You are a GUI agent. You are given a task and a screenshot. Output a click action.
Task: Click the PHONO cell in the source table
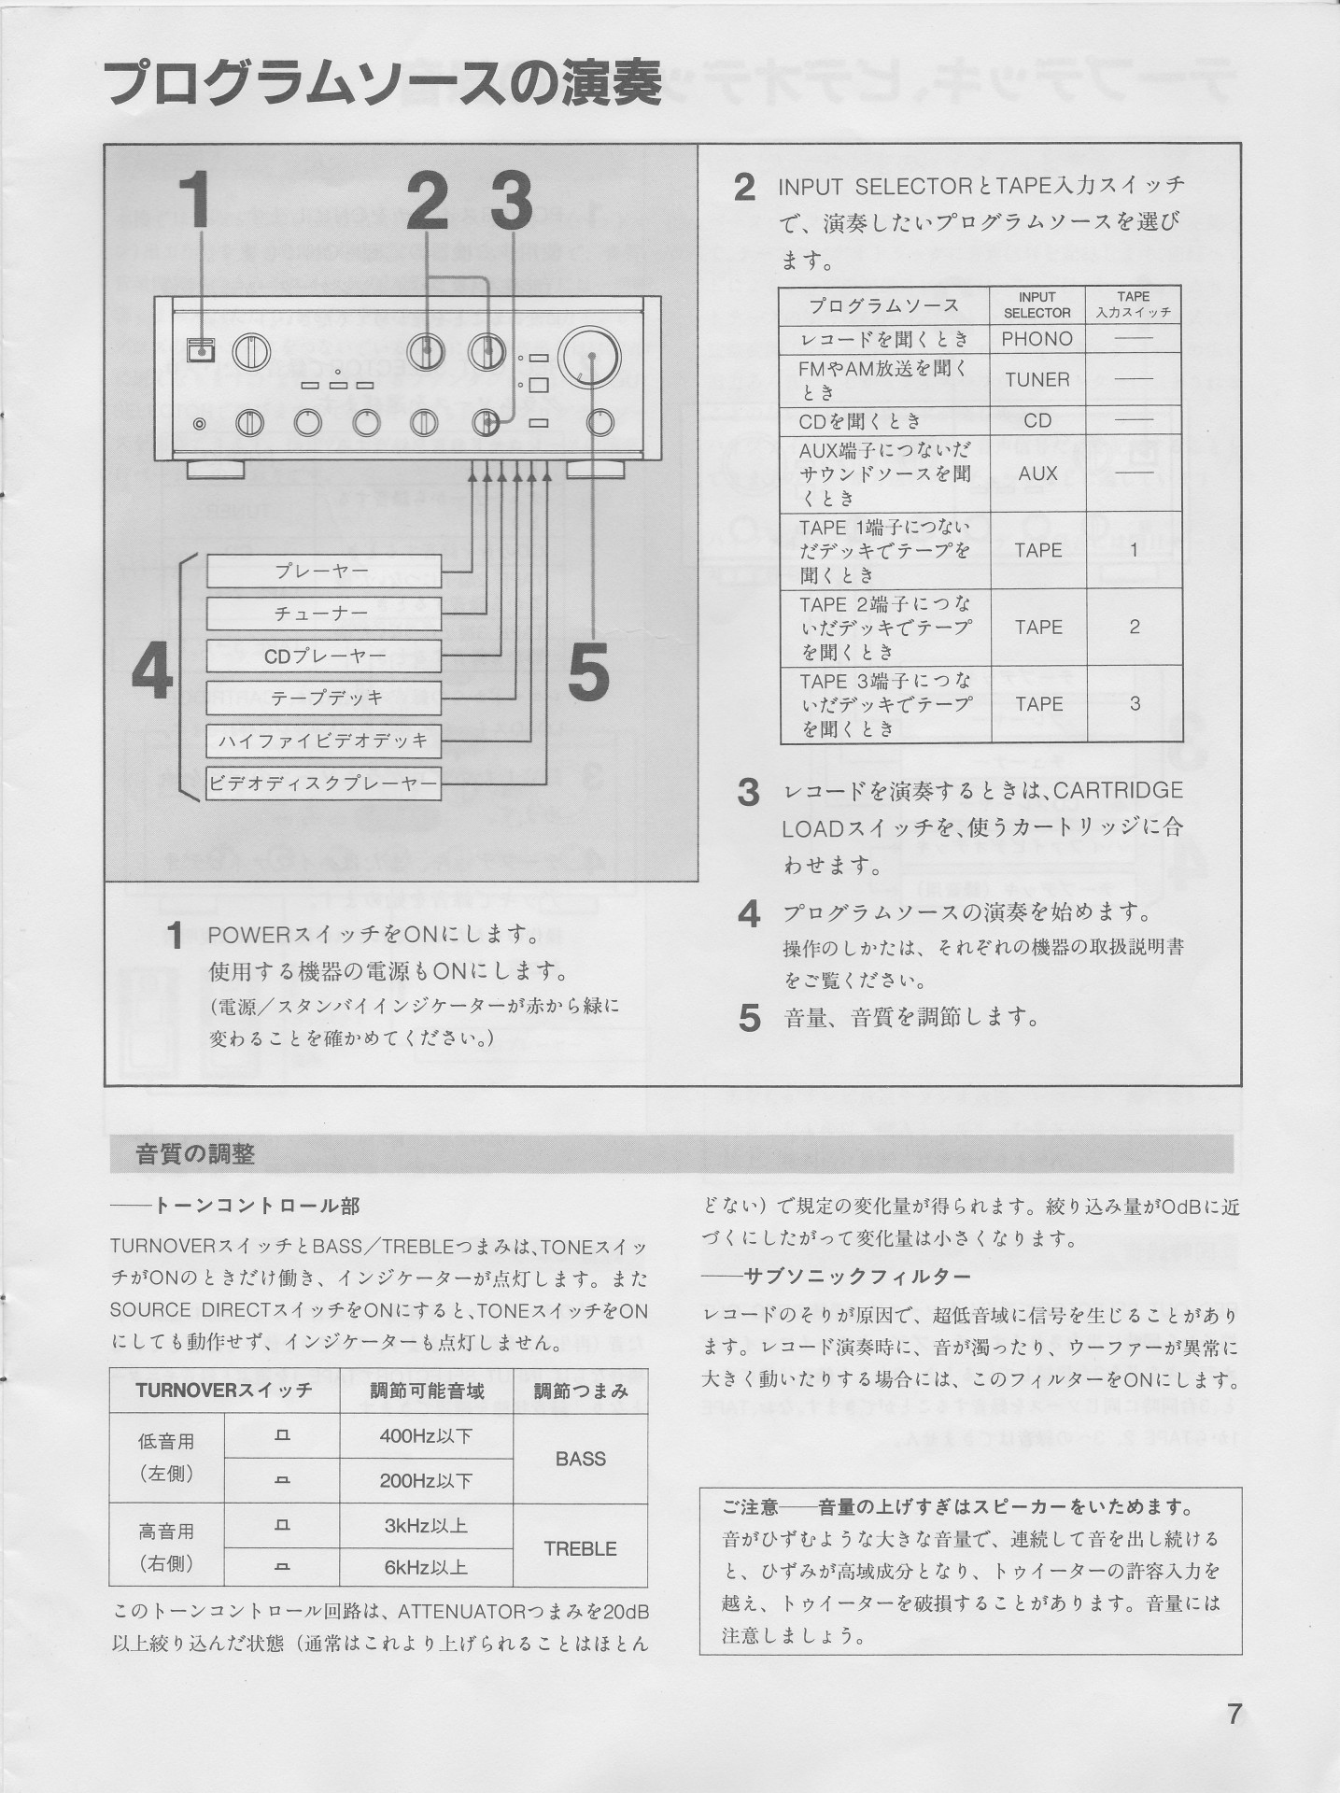(1037, 339)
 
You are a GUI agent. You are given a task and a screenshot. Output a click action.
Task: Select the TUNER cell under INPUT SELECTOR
(1037, 380)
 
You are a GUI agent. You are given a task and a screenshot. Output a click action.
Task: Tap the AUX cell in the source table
(1037, 473)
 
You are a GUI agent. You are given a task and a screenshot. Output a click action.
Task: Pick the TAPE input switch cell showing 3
(1134, 704)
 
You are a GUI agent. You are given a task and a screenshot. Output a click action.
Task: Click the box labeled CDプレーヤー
(323, 656)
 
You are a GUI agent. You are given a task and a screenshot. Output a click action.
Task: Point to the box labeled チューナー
(323, 614)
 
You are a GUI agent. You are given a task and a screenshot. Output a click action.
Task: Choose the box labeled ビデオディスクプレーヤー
(323, 784)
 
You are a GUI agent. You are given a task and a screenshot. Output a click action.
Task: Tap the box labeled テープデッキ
(323, 699)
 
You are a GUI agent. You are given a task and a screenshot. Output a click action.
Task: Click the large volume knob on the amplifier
(590, 357)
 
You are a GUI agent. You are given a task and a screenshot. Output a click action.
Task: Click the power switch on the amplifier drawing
(199, 351)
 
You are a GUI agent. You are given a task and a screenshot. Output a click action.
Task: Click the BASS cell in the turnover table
(580, 1459)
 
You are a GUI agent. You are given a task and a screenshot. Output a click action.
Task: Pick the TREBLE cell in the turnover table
(580, 1548)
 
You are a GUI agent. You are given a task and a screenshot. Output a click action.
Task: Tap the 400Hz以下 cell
(426, 1436)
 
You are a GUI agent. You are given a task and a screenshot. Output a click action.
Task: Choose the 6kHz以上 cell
(426, 1568)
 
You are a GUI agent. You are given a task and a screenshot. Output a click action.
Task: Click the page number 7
(1234, 1715)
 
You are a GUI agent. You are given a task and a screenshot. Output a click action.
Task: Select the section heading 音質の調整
(195, 1155)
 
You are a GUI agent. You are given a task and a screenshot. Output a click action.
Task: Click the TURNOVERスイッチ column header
(224, 1391)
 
